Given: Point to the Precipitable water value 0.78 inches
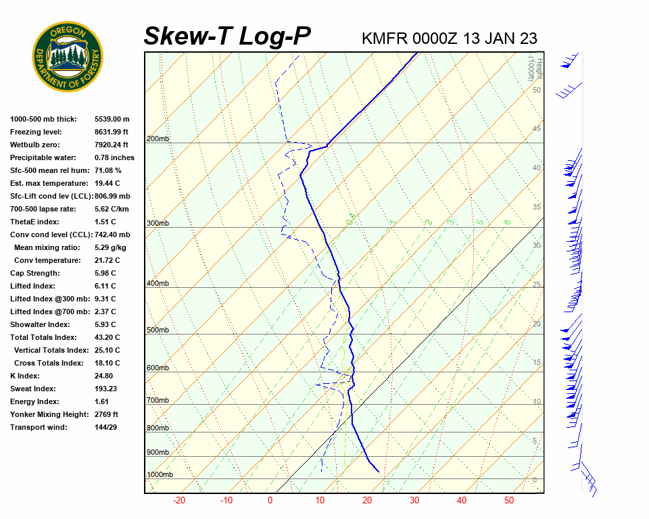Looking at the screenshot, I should [x=114, y=157].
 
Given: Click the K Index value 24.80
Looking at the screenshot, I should [x=104, y=376].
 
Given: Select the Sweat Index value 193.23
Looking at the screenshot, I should [x=106, y=389].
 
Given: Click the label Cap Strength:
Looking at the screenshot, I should [x=34, y=273].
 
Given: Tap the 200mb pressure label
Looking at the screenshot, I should [x=158, y=139].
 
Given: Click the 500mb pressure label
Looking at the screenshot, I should [x=158, y=330].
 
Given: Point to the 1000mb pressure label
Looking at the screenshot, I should [x=160, y=475].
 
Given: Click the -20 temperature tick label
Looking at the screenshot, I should [x=179, y=501].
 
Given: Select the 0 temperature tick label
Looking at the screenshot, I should [x=270, y=501].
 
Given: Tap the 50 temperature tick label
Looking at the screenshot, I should [x=508, y=501].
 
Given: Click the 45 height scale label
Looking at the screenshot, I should [x=537, y=129].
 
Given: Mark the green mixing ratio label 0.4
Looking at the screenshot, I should [x=350, y=219].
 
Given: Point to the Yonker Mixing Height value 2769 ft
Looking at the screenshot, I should [x=107, y=414].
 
